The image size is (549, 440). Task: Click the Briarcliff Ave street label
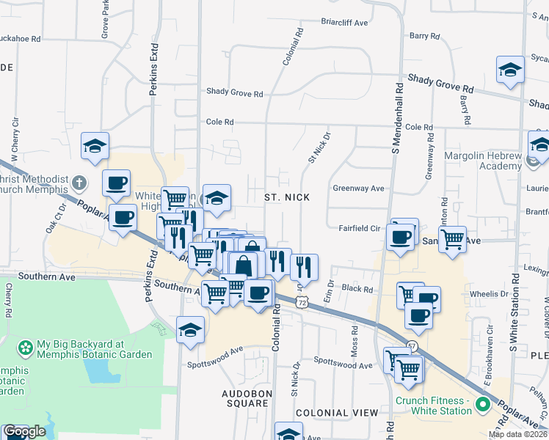click(x=344, y=23)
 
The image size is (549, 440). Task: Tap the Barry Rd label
click(x=424, y=35)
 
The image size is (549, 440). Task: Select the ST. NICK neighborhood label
click(x=287, y=197)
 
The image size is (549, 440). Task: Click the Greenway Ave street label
click(x=358, y=188)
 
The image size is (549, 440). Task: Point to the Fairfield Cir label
click(x=359, y=228)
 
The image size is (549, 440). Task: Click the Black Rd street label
click(x=357, y=290)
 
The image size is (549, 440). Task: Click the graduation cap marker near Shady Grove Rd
click(x=510, y=70)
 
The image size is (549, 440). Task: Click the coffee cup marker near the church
click(x=116, y=183)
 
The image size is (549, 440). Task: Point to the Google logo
click(x=24, y=431)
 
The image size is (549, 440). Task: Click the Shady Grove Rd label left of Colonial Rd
click(x=234, y=93)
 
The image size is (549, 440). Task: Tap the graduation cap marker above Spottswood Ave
click(x=190, y=329)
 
